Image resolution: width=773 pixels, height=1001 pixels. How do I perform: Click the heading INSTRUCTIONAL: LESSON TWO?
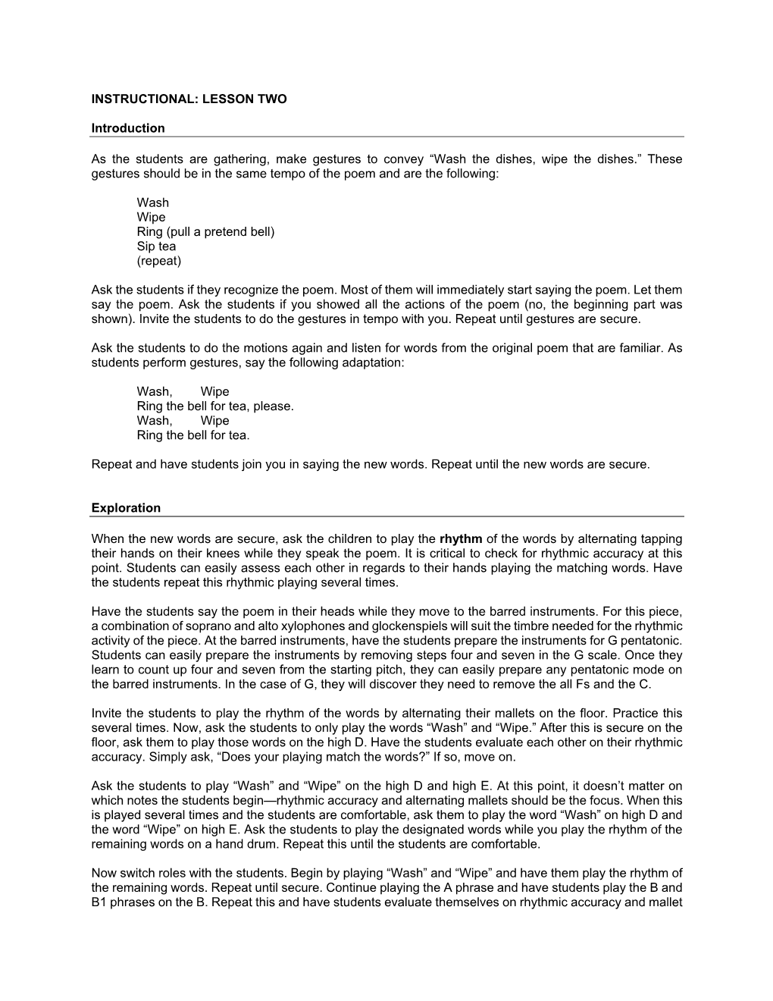pos(189,99)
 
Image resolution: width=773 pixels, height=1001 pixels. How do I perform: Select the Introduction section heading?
pos(127,128)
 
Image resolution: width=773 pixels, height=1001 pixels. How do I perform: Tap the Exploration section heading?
pos(126,508)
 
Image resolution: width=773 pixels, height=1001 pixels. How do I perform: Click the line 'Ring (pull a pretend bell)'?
pos(205,231)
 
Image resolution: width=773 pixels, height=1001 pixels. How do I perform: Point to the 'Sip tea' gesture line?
pos(156,246)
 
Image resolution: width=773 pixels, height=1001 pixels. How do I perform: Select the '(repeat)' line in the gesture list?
pos(158,261)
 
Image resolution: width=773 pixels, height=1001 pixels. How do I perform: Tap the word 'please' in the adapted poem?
pos(273,406)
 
